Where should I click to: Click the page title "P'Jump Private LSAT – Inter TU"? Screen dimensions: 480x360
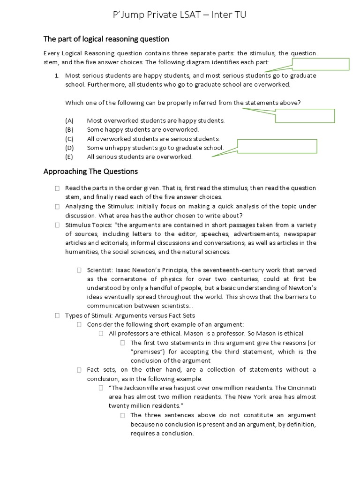(x=180, y=15)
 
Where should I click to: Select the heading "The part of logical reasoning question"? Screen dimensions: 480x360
(x=106, y=39)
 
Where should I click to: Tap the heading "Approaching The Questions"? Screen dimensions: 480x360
(x=90, y=172)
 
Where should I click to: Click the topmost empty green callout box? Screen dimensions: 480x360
(x=321, y=64)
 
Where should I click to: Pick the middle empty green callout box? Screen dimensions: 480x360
(x=305, y=115)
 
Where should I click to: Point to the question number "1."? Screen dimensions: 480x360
(x=56, y=75)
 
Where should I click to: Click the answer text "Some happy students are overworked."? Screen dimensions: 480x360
(x=142, y=130)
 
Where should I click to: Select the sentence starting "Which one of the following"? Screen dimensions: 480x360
(x=183, y=103)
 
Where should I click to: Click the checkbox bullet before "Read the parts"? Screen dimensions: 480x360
(x=57, y=188)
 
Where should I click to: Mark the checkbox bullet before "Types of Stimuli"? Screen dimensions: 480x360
(x=57, y=315)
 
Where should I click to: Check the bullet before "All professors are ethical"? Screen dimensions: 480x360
(x=101, y=334)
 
